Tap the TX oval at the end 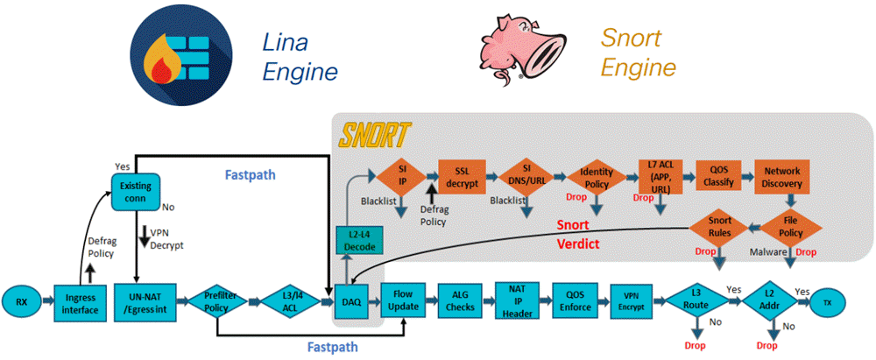pyautogui.click(x=824, y=301)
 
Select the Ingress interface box pyautogui.click(x=80, y=302)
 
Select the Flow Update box pyautogui.click(x=405, y=301)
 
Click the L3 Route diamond pyautogui.click(x=693, y=301)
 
